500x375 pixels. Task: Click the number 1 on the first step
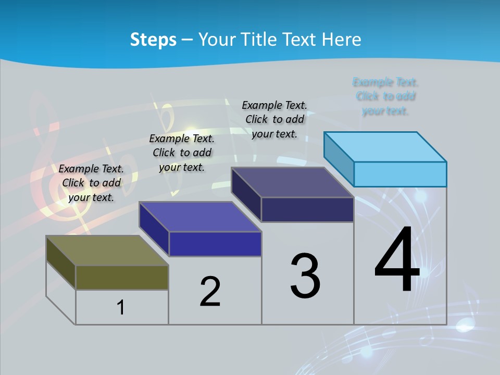(x=121, y=307)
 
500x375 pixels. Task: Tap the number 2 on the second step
(x=210, y=291)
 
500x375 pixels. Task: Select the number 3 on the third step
(x=305, y=276)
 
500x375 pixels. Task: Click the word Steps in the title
(x=153, y=40)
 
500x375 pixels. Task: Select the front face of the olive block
(x=122, y=277)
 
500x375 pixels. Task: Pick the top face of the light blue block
(x=385, y=147)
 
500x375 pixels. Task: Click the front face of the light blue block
(x=400, y=174)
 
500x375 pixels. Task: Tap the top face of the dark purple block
(x=292, y=182)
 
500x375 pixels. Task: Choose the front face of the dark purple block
(x=307, y=209)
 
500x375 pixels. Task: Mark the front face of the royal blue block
(x=215, y=244)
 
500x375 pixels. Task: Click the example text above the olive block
(x=91, y=183)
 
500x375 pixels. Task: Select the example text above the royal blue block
(x=182, y=153)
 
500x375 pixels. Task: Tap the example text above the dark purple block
(x=274, y=119)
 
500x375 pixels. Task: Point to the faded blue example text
(x=385, y=96)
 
